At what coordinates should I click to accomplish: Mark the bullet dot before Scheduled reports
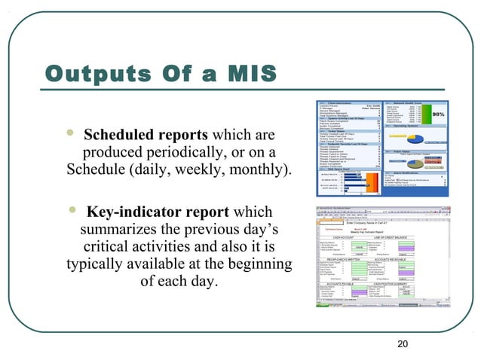coord(69,135)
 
